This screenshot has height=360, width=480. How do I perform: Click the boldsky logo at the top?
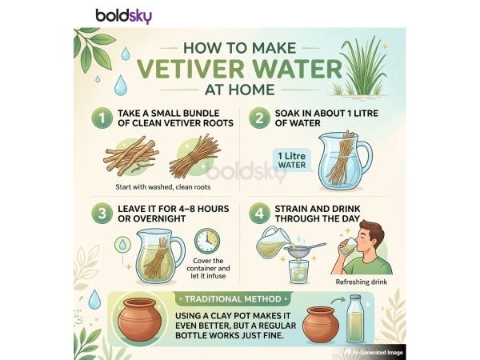(123, 15)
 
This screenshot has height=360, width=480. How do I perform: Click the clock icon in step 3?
(206, 241)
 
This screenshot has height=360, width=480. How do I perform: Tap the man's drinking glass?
(345, 250)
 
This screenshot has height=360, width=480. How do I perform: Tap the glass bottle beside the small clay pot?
(358, 321)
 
